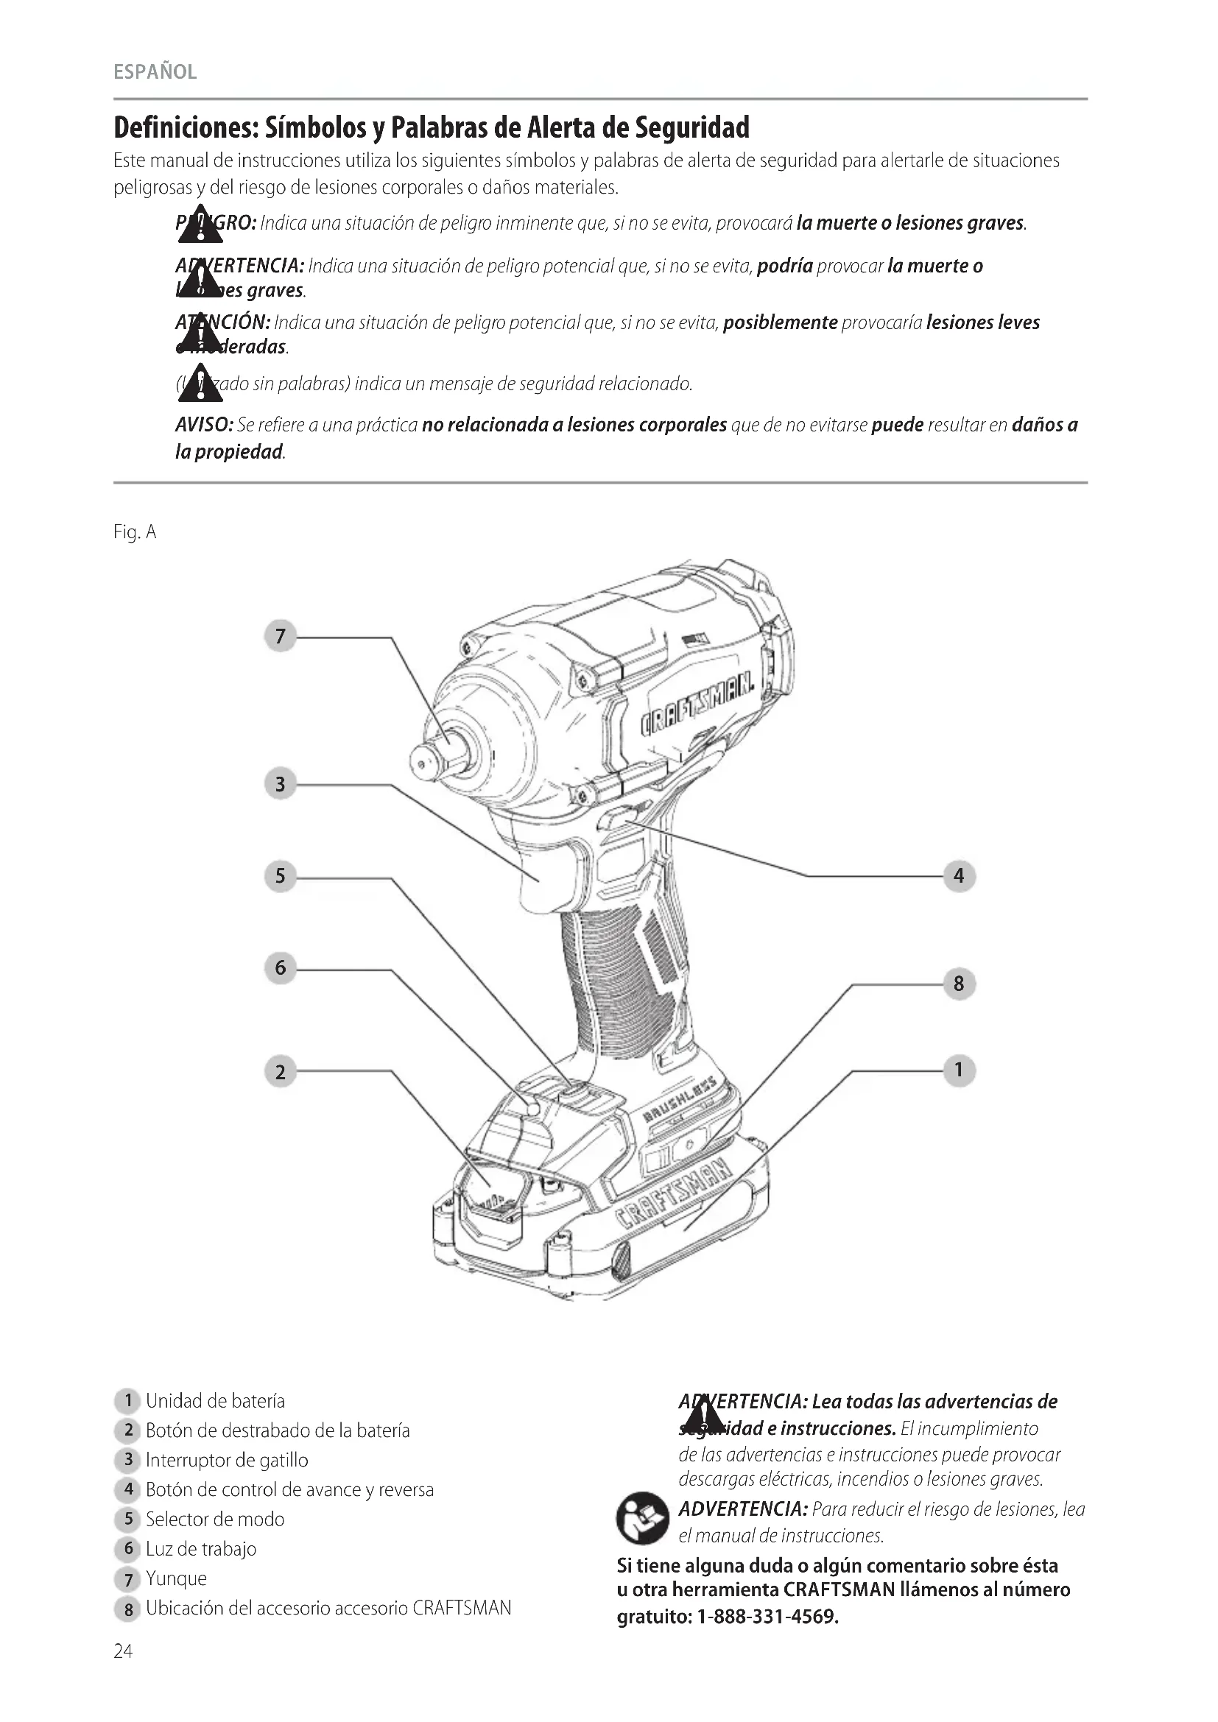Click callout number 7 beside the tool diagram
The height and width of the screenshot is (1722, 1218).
coord(281,637)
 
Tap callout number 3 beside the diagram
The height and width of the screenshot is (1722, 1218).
coord(281,785)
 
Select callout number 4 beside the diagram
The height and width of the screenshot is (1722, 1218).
coord(959,875)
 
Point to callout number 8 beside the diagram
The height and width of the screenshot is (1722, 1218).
coord(959,984)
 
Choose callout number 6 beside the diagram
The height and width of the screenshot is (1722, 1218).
coord(281,967)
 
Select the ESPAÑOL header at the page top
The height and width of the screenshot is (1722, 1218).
coord(155,72)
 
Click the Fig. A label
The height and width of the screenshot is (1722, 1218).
coord(135,532)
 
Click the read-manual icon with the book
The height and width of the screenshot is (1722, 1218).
coord(642,1518)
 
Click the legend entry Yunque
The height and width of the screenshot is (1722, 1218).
coord(176,1578)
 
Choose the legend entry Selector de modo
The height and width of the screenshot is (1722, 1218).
coord(215,1519)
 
